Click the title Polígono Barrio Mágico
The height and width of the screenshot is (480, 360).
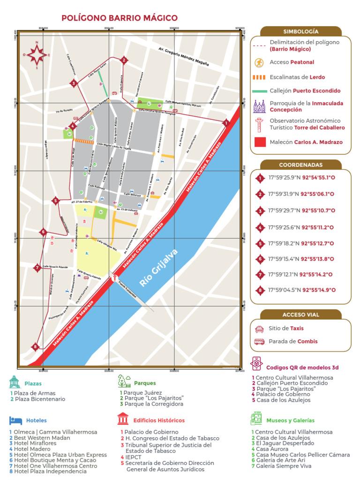120,18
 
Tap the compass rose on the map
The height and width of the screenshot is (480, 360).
37,55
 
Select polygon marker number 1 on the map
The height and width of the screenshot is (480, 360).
226,123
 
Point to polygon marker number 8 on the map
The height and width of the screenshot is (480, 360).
35,347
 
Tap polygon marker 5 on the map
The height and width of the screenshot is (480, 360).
55,201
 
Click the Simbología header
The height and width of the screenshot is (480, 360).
300,31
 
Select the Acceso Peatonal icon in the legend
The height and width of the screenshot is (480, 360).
259,62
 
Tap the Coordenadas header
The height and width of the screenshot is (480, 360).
300,165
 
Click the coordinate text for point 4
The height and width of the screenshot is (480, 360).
301,227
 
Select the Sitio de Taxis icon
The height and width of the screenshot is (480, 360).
259,329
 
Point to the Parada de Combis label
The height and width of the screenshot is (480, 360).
293,341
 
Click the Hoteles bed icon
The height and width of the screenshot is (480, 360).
15,420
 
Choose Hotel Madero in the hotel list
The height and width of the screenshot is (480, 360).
32,449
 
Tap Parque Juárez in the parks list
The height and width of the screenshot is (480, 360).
141,393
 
